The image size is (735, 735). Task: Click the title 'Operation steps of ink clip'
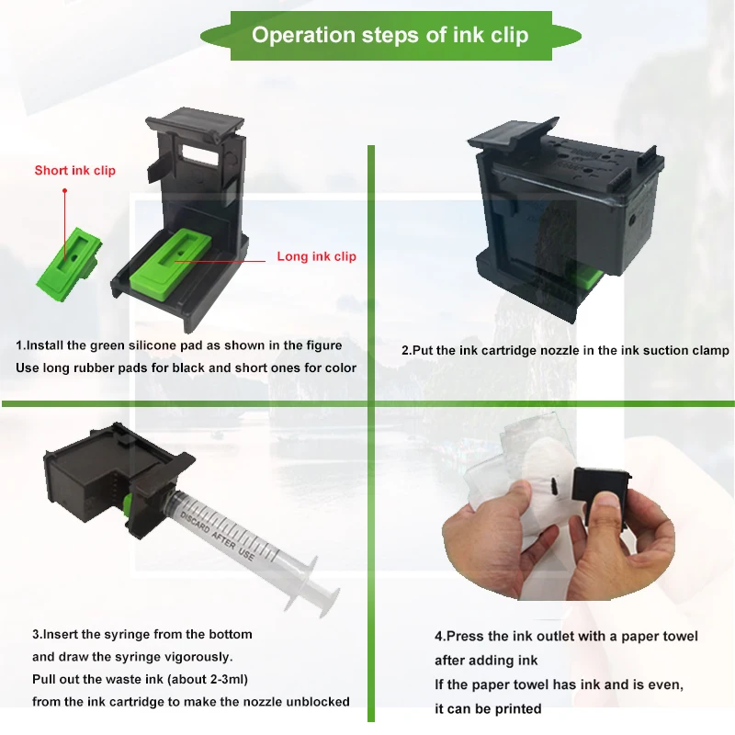[x=390, y=35]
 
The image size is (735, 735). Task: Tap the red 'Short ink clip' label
[x=75, y=170]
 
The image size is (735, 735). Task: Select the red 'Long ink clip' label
[x=316, y=256]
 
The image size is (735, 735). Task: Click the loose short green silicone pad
[x=68, y=264]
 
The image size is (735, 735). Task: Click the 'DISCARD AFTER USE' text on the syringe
[x=217, y=536]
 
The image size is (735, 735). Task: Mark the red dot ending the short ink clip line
[x=64, y=191]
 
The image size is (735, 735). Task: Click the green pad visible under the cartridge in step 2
[x=588, y=277]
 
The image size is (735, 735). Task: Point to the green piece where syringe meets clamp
[x=127, y=505]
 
